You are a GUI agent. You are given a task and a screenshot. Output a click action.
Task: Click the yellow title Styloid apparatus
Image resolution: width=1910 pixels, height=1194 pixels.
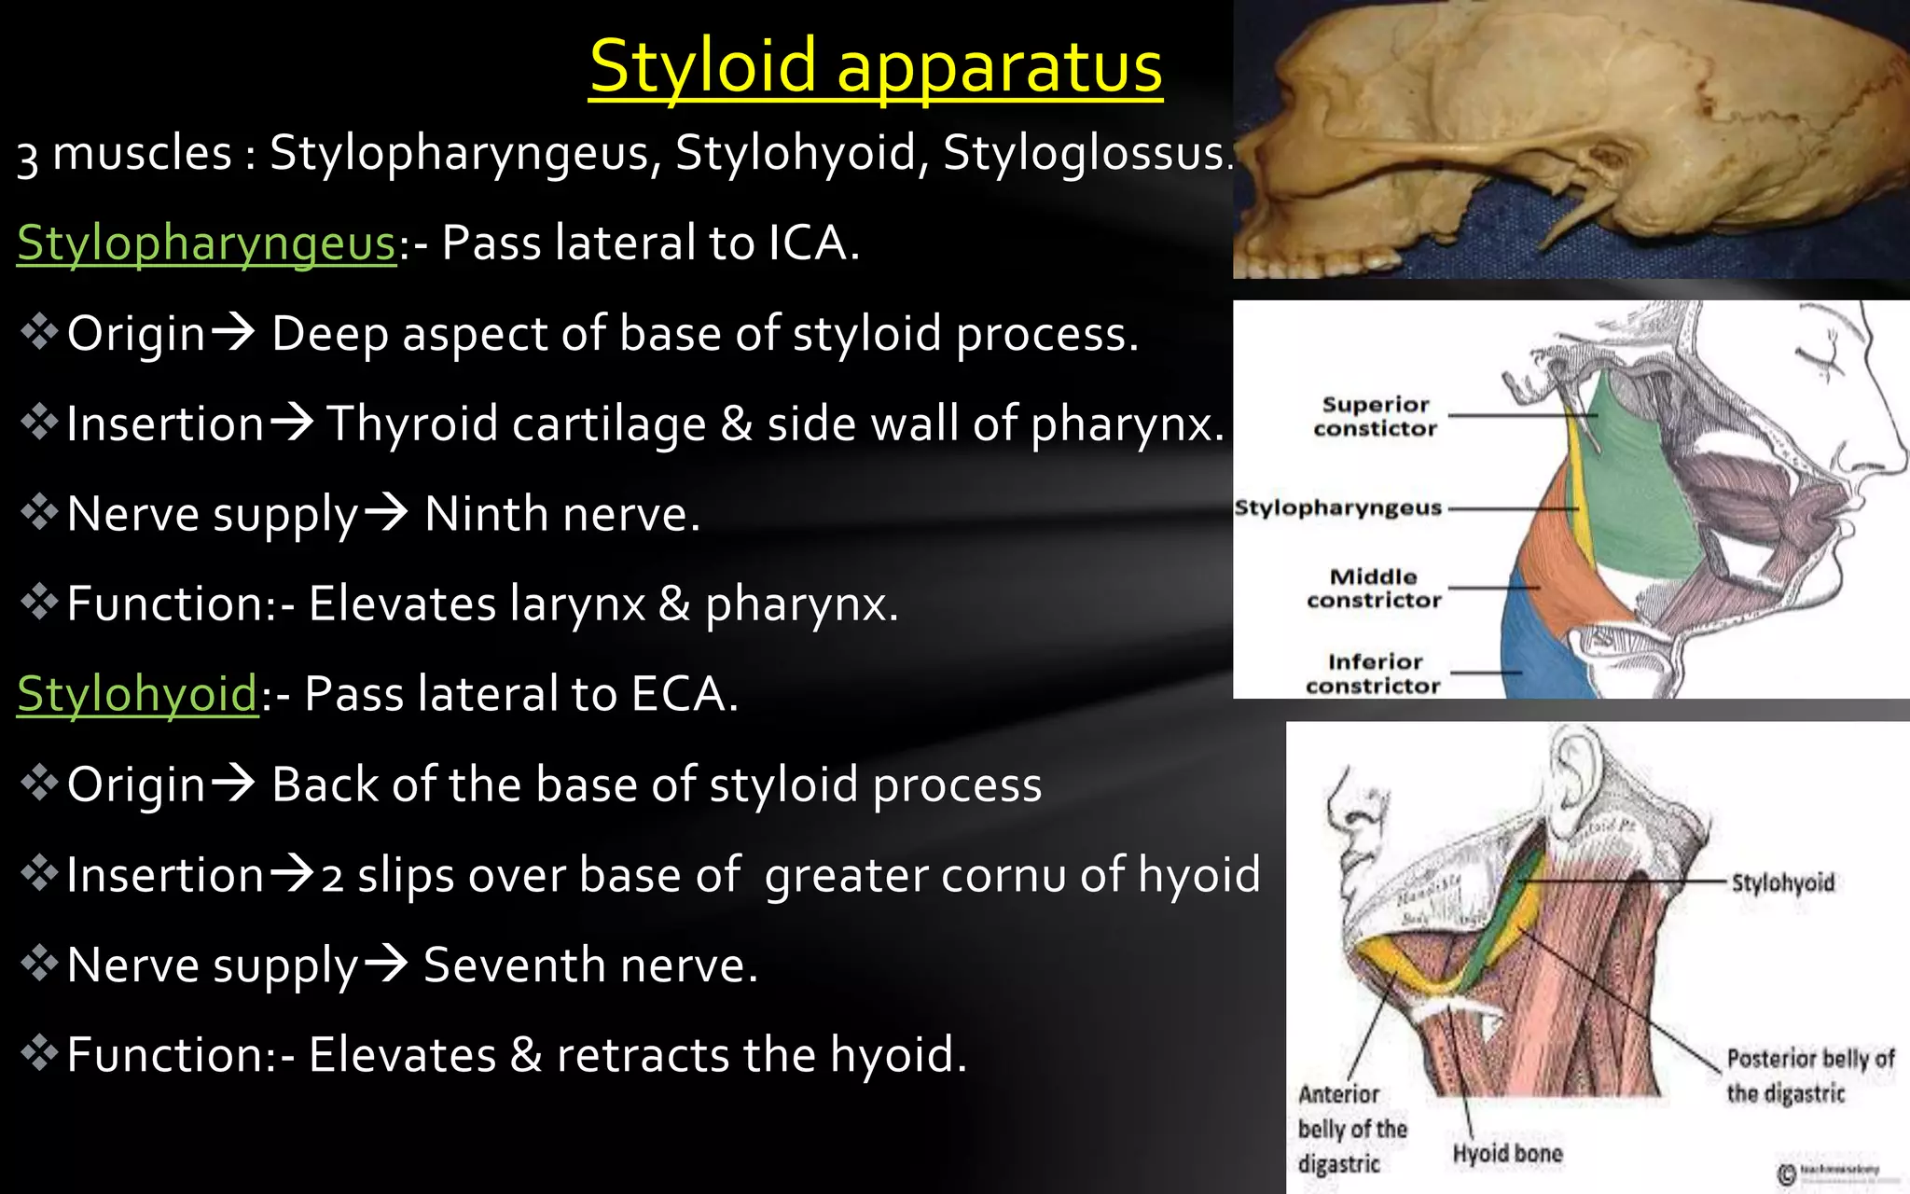(x=876, y=67)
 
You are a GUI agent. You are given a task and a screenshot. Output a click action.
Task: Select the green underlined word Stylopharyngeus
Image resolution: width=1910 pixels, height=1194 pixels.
(x=206, y=243)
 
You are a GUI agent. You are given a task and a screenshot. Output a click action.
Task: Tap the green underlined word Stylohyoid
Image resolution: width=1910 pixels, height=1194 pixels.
(x=137, y=695)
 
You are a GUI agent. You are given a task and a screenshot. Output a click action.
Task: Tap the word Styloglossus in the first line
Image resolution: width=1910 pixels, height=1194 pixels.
(x=1084, y=153)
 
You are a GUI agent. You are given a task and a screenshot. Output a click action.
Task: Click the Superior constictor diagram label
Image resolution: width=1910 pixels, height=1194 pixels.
(x=1376, y=416)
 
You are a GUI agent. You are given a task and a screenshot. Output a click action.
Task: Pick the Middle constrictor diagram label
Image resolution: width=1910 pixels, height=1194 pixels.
(x=1374, y=589)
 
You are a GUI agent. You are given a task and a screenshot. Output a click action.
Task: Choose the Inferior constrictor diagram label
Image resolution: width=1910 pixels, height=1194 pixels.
(x=1374, y=673)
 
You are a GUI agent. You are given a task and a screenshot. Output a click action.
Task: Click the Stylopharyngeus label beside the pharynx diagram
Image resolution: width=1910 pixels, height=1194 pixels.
(x=1338, y=508)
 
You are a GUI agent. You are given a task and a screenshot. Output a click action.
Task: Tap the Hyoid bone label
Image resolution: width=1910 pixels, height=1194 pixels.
(x=1507, y=1154)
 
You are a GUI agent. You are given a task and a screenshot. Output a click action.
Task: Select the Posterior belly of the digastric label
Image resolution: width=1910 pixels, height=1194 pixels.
(x=1809, y=1076)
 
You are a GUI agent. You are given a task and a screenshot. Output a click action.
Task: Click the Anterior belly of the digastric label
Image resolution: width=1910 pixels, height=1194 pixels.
(x=1351, y=1129)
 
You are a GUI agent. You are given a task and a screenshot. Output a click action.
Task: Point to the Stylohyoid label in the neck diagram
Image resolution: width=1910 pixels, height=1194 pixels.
(x=1782, y=882)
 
